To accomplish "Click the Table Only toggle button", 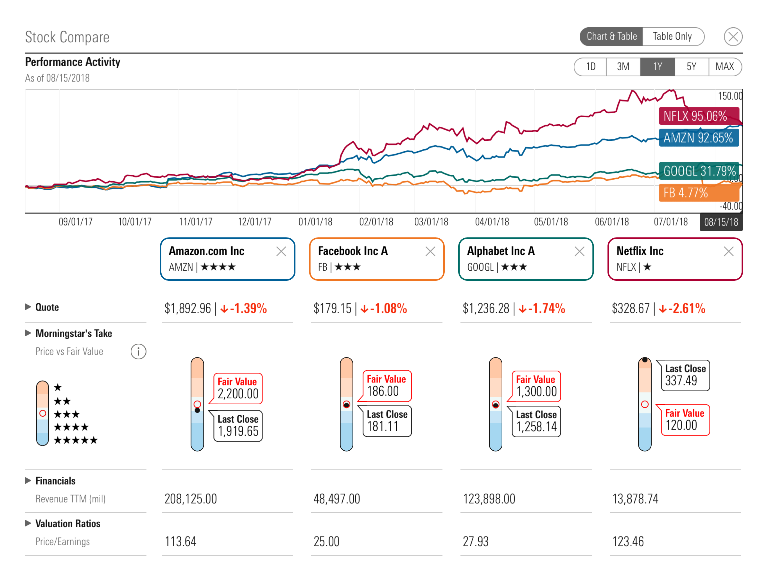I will (x=672, y=36).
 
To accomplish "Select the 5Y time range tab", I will (x=691, y=67).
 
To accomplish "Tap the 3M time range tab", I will (x=623, y=67).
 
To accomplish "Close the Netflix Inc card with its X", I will (x=728, y=252).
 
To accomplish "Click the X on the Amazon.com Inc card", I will (x=281, y=252).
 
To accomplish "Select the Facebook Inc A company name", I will (x=353, y=251).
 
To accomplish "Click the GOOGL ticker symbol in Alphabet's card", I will (x=480, y=267).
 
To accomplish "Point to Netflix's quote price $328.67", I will (x=631, y=308).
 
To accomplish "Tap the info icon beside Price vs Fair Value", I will (x=138, y=352).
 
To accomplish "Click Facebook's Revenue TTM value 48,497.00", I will (x=336, y=499).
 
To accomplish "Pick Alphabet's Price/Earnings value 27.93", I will (x=475, y=541).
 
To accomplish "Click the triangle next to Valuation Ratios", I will (x=28, y=523).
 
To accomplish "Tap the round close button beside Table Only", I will (x=733, y=36).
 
